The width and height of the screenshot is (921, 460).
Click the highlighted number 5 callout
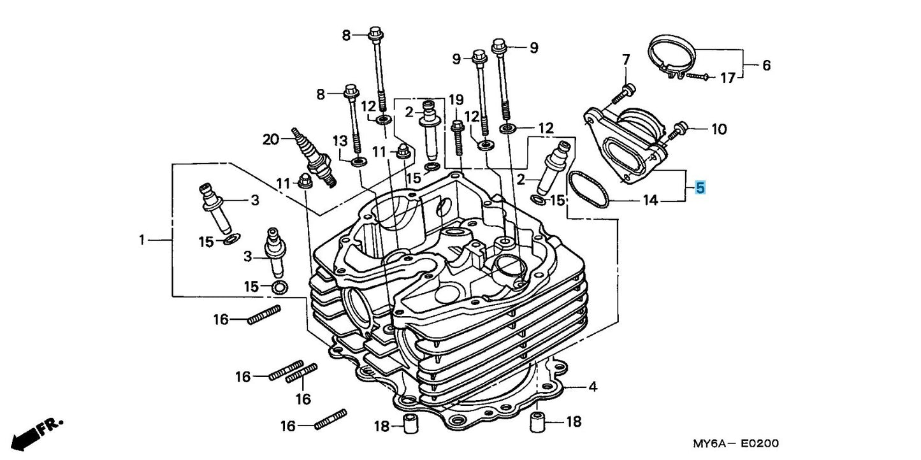(x=700, y=188)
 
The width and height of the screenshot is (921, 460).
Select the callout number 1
(x=142, y=240)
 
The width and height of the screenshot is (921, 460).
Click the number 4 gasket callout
(x=592, y=386)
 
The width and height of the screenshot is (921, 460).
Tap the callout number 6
(x=766, y=65)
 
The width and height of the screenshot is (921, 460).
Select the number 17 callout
(x=727, y=78)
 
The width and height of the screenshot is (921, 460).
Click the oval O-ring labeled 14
(x=590, y=189)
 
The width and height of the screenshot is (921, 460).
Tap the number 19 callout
(x=456, y=99)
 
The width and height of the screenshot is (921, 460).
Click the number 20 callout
(x=272, y=138)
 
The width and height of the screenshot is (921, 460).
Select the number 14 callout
(x=649, y=201)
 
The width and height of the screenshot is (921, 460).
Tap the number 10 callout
(x=718, y=129)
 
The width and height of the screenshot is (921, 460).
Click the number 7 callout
(x=625, y=60)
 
